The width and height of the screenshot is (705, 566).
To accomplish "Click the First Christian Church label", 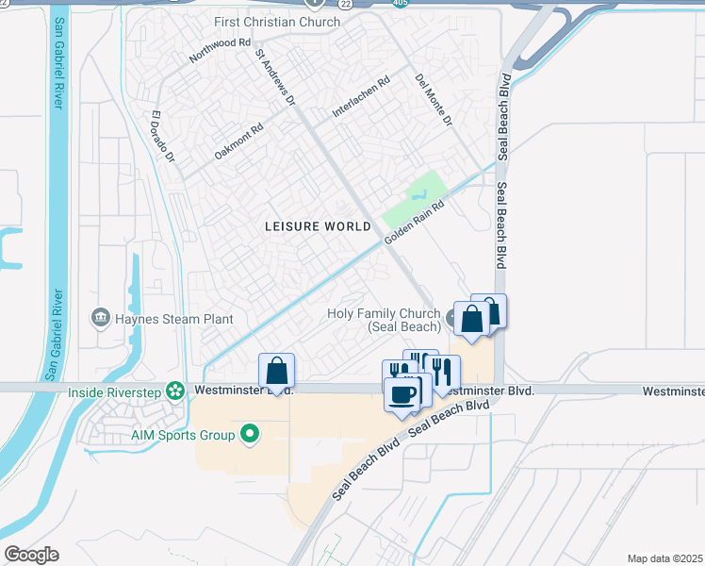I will tap(264, 22).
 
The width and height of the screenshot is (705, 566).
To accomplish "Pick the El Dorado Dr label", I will tap(163, 138).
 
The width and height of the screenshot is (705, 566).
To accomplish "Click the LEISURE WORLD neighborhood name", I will tap(317, 225).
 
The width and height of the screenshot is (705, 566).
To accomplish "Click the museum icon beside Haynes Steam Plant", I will tap(102, 318).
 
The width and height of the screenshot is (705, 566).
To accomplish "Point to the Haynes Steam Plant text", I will tap(174, 319).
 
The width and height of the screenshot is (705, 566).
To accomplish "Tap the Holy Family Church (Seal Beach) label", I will tap(384, 320).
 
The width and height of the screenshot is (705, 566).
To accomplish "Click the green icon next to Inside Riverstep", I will tap(174, 390).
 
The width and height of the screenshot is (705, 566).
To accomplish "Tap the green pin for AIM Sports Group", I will tap(250, 435).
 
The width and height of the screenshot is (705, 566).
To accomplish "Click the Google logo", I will tap(31, 555).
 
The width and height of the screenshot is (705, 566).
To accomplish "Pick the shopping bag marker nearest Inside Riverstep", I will tap(276, 370).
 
